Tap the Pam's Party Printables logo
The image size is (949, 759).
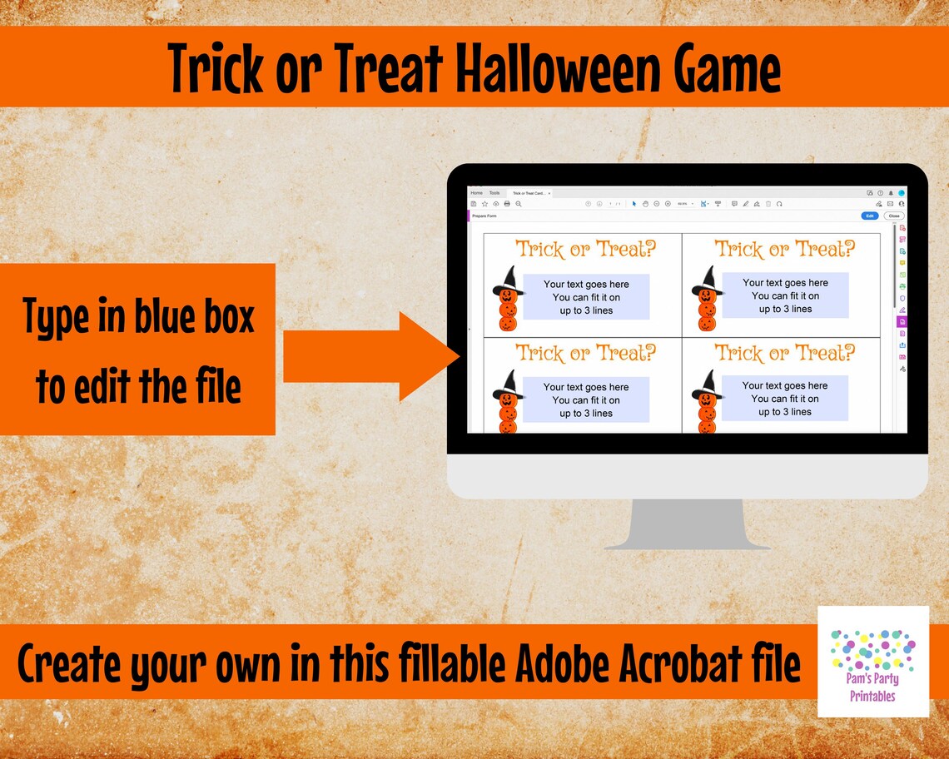872,662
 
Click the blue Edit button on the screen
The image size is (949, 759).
869,216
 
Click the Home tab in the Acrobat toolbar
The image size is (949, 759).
476,193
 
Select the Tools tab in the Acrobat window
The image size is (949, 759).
494,193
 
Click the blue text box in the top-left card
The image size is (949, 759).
586,297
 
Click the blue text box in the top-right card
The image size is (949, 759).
785,295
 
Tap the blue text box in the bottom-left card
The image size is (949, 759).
586,399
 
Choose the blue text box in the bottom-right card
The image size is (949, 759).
785,398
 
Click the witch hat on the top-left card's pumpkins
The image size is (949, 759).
507,279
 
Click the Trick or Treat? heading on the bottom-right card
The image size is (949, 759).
785,353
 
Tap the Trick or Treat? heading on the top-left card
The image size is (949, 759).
586,249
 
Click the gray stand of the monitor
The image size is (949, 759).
687,524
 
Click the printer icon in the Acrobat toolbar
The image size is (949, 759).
507,203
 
